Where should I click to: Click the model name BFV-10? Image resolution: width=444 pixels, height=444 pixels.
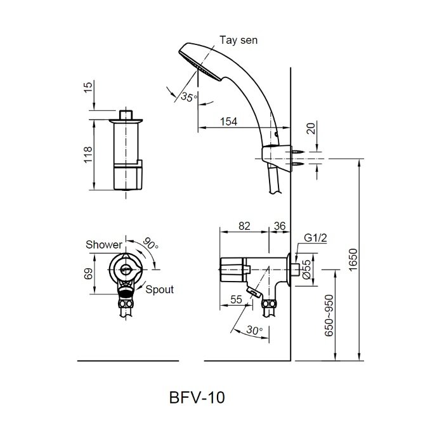pos(197,398)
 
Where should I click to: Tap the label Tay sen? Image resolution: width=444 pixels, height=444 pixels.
pos(238,40)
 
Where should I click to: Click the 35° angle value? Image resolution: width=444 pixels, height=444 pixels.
pos(188,97)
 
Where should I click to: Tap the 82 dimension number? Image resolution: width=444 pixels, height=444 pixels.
pos(244,226)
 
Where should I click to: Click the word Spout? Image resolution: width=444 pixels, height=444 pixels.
pos(160,289)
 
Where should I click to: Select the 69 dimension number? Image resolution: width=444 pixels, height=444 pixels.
pos(89,273)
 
